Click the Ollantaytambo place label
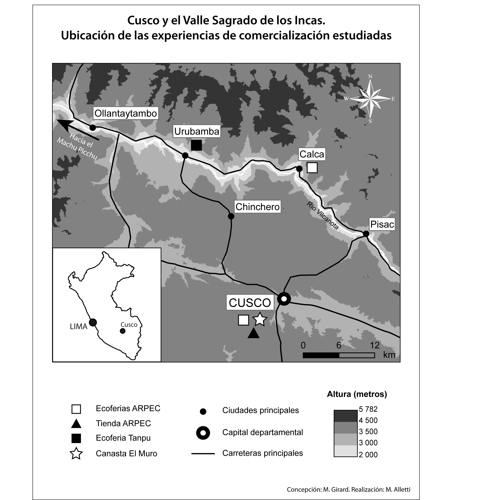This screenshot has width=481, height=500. pyautogui.click(x=125, y=113)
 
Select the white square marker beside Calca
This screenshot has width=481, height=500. pyautogui.click(x=312, y=168)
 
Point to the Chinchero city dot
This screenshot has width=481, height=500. pyautogui.click(x=231, y=216)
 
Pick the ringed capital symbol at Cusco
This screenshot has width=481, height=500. pyautogui.click(x=284, y=298)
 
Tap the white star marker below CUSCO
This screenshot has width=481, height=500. pyautogui.click(x=260, y=319)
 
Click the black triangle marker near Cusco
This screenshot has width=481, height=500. pyautogui.click(x=253, y=333)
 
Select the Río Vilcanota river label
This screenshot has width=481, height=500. pyautogui.click(x=323, y=216)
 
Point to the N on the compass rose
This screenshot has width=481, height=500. pyautogui.click(x=370, y=77)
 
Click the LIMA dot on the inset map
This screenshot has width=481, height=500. pyautogui.click(x=93, y=323)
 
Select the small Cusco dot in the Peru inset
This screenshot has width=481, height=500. pyautogui.click(x=123, y=331)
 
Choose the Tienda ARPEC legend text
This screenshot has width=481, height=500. pyautogui.click(x=123, y=423)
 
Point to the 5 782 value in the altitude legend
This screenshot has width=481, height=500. pyautogui.click(x=368, y=409)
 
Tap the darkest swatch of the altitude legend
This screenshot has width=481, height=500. pyautogui.click(x=345, y=416)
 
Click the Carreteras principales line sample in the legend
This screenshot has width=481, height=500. pyautogui.click(x=203, y=454)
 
